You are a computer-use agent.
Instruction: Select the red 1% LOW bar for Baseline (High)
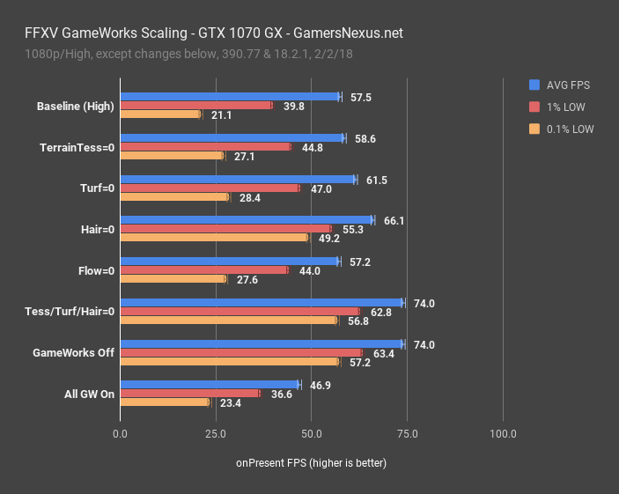click(x=195, y=106)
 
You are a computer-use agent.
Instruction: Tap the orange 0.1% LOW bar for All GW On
click(x=165, y=402)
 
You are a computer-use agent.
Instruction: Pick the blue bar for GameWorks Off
click(x=262, y=344)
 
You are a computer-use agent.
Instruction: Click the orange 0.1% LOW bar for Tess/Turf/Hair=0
click(x=228, y=320)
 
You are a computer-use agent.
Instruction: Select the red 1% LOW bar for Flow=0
click(x=203, y=270)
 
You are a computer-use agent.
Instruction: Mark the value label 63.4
click(x=383, y=353)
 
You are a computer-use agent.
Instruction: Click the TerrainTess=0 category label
click(x=77, y=147)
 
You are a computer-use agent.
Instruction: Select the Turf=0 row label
click(x=97, y=188)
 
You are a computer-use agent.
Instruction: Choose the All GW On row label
click(x=90, y=394)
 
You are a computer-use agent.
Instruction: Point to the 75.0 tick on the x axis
click(x=406, y=434)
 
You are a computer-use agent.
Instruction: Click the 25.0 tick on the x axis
click(x=215, y=434)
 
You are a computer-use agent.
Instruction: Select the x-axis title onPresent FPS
click(x=311, y=462)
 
